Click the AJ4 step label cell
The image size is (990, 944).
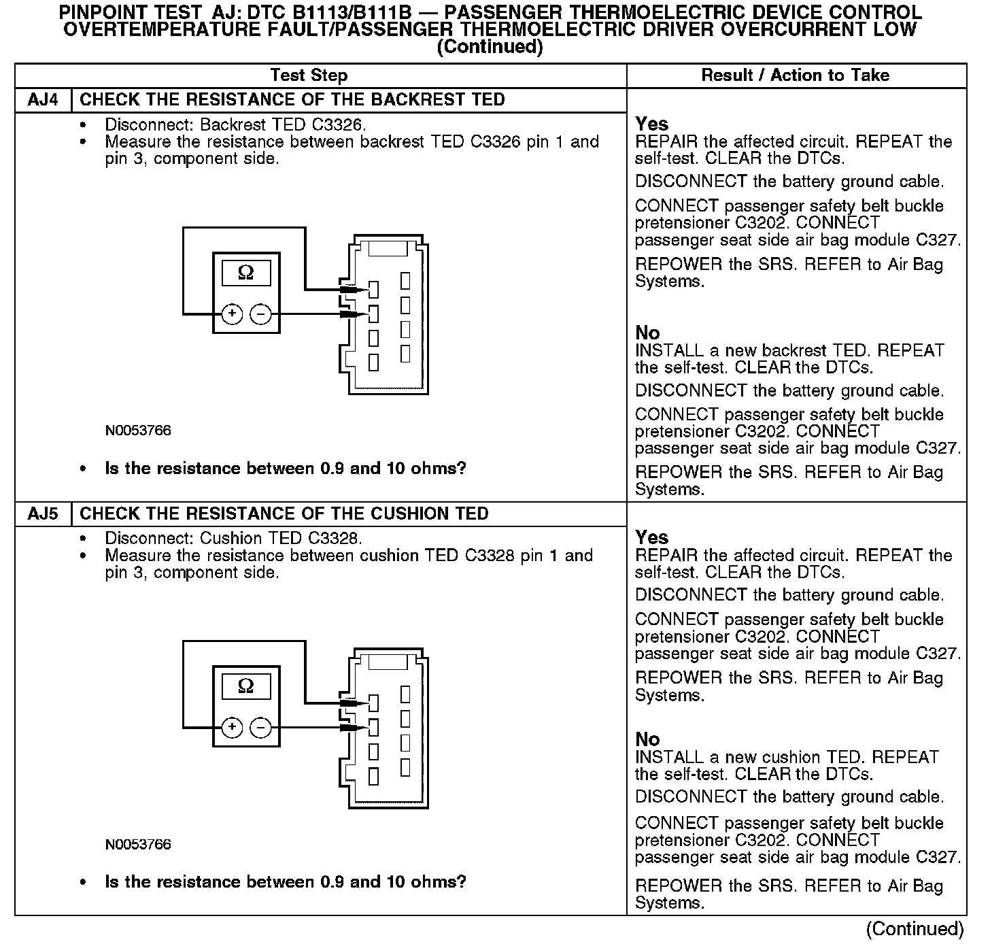[43, 100]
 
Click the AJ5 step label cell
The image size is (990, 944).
[43, 513]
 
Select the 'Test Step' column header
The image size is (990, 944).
[309, 75]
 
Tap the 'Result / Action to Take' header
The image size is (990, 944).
[795, 75]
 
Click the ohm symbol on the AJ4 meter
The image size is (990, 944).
[246, 273]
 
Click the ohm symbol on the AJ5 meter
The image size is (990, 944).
[246, 686]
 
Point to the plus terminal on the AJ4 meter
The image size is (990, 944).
[233, 314]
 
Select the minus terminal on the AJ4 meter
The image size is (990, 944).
[260, 314]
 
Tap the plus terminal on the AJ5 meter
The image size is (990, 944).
[233, 727]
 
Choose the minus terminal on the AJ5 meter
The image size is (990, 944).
[260, 727]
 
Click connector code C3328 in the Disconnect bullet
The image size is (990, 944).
[332, 539]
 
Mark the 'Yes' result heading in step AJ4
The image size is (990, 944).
[651, 124]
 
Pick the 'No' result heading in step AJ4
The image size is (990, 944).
[647, 333]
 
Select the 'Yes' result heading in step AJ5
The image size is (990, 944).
[651, 537]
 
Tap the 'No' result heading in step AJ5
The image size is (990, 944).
[647, 739]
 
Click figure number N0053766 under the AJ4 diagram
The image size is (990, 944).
[138, 431]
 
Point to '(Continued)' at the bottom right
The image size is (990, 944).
[915, 929]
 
